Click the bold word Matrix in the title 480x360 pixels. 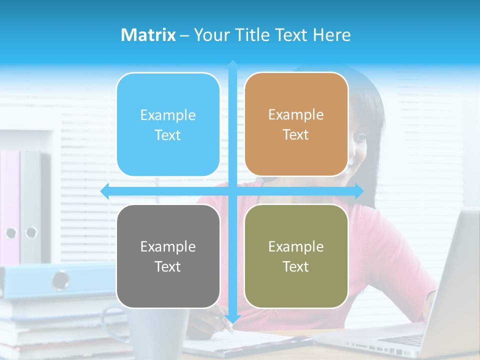[x=148, y=35]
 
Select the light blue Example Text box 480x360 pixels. [x=168, y=124]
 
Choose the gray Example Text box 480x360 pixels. [x=168, y=256]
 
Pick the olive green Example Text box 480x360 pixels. [x=296, y=256]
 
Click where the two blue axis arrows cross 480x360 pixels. [x=232, y=191]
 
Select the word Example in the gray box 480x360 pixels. [x=168, y=246]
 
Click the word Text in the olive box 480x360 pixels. [x=296, y=266]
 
